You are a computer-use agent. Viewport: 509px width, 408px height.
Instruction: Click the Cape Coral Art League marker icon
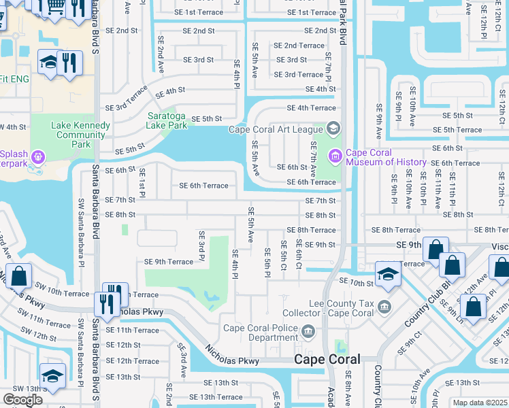click(x=333, y=129)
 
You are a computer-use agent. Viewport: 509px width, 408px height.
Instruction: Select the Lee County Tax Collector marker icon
click(x=384, y=306)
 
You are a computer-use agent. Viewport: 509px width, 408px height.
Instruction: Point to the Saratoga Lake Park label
click(x=167, y=120)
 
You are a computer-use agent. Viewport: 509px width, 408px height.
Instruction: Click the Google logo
click(x=22, y=400)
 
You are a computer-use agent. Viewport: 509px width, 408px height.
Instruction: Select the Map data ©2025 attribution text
click(x=480, y=403)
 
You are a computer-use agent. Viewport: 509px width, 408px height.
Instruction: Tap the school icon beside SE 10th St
click(x=388, y=273)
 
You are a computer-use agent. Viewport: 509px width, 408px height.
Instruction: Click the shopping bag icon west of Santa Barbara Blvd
click(x=20, y=275)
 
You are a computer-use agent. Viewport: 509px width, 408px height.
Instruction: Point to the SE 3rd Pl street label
click(x=201, y=245)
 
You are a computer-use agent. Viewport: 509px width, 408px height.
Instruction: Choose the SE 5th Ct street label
click(x=283, y=254)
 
